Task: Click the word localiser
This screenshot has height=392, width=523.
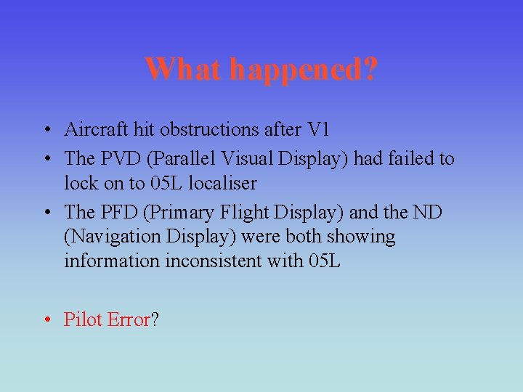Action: coord(222,184)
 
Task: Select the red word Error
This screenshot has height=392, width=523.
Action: coord(128,319)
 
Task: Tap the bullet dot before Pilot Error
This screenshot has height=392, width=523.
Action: coord(46,320)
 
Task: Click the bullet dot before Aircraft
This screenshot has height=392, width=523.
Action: coord(46,131)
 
